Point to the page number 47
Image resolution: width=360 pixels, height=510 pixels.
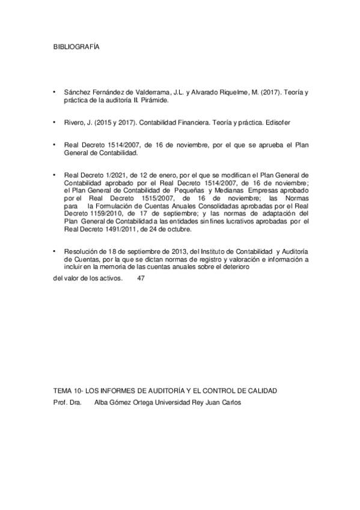point(141,278)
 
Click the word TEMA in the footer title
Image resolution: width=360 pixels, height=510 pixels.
point(63,391)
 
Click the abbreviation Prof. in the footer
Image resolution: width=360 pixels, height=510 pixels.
point(60,403)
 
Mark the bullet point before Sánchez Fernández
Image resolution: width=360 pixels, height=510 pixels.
point(56,92)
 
